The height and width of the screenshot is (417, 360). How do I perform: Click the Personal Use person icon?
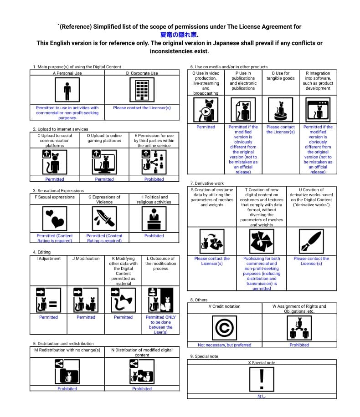(67, 90)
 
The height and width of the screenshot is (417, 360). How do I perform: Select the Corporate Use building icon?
(142, 90)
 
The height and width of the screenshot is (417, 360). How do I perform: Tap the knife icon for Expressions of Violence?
(104, 219)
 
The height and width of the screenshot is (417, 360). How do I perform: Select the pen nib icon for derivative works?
(311, 241)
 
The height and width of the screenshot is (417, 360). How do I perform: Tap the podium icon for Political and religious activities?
(154, 219)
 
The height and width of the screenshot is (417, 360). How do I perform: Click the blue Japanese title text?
(180, 35)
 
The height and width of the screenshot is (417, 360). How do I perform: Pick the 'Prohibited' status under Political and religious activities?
(154, 236)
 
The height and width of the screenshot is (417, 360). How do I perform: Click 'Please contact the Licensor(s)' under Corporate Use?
(142, 108)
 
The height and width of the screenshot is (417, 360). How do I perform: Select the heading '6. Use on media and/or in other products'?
(229, 67)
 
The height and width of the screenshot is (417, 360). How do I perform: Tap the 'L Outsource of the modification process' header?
(160, 264)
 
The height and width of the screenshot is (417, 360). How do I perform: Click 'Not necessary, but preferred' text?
(224, 345)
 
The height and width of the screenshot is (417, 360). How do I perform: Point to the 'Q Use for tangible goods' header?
(280, 76)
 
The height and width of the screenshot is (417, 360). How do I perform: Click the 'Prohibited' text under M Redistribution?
(67, 389)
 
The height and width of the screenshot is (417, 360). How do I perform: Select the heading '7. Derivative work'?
(207, 183)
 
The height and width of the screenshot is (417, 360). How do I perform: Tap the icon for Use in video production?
(206, 110)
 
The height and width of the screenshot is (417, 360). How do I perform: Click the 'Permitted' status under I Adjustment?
(48, 317)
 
